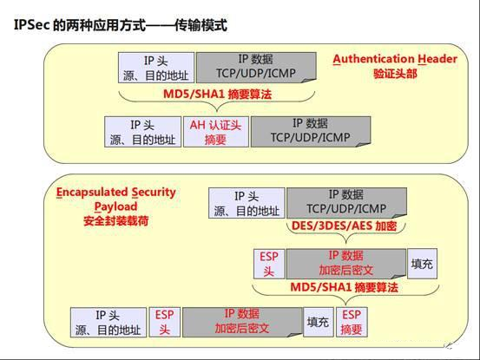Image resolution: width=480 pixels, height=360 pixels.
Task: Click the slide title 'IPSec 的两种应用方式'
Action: (80, 25)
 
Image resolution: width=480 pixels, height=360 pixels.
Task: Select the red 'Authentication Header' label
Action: (395, 59)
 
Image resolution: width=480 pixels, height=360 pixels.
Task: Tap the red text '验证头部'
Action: (395, 74)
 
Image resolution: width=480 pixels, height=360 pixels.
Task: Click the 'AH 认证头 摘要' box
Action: (216, 132)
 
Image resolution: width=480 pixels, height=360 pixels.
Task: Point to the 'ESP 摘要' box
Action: (352, 322)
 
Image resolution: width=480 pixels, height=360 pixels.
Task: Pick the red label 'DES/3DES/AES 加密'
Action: (344, 226)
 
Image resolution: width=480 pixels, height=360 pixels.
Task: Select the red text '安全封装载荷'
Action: (116, 220)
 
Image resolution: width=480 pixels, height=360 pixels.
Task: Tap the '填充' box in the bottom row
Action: (319, 322)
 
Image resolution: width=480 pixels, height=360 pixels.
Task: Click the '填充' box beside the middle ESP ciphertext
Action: (422, 264)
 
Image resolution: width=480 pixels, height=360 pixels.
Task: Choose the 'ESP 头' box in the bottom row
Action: (165, 322)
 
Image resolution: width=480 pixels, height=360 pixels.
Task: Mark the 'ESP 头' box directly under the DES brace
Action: (269, 264)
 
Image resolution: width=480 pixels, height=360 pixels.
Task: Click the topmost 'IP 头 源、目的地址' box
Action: (156, 68)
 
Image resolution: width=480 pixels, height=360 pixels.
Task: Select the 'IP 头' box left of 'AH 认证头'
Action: (142, 132)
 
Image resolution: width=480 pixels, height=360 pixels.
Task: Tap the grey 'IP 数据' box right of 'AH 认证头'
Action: (311, 132)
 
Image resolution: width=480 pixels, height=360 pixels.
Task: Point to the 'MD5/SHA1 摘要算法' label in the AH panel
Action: (217, 94)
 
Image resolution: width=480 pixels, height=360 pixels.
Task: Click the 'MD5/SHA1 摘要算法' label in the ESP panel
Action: (344, 287)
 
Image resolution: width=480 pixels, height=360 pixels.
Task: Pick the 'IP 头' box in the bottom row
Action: (108, 323)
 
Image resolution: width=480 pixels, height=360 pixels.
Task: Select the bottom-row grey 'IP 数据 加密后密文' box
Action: (242, 322)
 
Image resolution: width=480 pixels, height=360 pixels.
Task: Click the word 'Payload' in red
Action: (115, 206)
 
